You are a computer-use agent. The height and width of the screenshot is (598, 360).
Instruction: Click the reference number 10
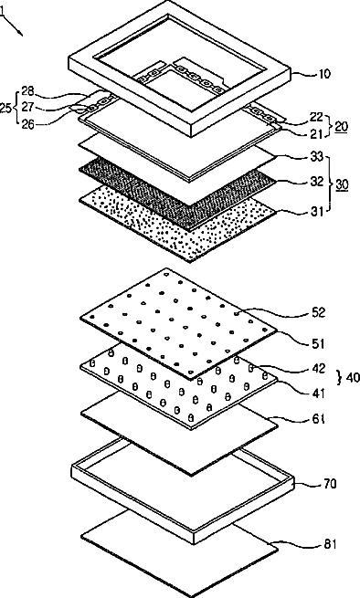pos(323,73)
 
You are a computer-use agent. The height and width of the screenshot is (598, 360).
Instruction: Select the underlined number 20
pos(342,126)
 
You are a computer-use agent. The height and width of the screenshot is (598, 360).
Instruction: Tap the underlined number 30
pos(342,185)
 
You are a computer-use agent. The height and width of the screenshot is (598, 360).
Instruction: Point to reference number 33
pos(317,157)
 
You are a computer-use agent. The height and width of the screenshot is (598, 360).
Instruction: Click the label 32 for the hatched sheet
pos(317,182)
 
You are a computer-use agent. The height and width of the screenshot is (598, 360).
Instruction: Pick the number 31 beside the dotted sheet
pos(317,211)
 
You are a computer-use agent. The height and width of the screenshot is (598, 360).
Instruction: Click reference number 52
pos(318,312)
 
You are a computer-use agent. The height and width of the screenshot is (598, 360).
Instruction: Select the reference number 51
pos(318,343)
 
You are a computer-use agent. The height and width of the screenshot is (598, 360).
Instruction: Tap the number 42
pos(318,369)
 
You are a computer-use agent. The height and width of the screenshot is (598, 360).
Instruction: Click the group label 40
pos(353,377)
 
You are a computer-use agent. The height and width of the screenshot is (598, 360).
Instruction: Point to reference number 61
pos(318,419)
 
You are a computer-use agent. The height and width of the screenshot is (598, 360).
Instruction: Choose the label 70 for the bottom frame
pos(330,484)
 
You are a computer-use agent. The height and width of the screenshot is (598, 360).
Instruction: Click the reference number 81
pos(330,544)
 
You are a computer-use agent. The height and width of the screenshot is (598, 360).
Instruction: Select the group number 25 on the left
pos(5,108)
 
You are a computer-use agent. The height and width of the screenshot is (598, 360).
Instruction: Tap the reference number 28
pos(27,91)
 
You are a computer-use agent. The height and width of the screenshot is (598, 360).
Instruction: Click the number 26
pos(27,124)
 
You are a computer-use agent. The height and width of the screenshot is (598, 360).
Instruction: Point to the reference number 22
pos(317,116)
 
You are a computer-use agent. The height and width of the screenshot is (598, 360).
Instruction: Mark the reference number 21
pos(317,133)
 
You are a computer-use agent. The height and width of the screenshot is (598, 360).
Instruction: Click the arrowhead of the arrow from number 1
pos(21,35)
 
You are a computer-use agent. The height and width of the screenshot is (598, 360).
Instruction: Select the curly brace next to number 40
pos(339,377)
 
